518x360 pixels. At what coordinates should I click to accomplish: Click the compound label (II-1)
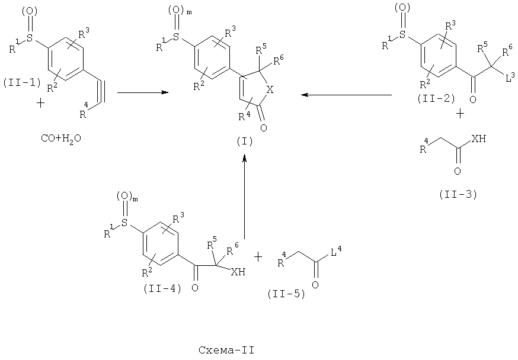click(22, 83)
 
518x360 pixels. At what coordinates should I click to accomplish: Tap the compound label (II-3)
click(458, 195)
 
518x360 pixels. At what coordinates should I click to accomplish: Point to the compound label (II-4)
click(162, 288)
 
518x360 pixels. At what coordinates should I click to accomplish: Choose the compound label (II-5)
click(286, 294)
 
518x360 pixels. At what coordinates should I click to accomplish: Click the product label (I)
click(245, 142)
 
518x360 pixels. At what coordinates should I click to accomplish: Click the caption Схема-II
click(226, 350)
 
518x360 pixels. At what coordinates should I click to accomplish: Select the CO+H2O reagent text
click(61, 139)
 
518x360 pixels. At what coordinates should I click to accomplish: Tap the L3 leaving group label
click(510, 78)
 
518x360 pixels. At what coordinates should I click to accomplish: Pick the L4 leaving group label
click(336, 253)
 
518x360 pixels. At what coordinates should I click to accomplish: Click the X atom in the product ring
click(270, 90)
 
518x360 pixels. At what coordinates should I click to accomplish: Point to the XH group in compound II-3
click(479, 139)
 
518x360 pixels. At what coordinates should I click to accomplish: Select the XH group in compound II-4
click(238, 272)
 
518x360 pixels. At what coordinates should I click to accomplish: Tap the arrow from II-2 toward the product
click(347, 95)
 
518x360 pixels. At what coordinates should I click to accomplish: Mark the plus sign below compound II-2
click(460, 114)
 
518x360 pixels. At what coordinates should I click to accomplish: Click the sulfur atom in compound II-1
click(30, 39)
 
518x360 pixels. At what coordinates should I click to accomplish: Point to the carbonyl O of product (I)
click(263, 128)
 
